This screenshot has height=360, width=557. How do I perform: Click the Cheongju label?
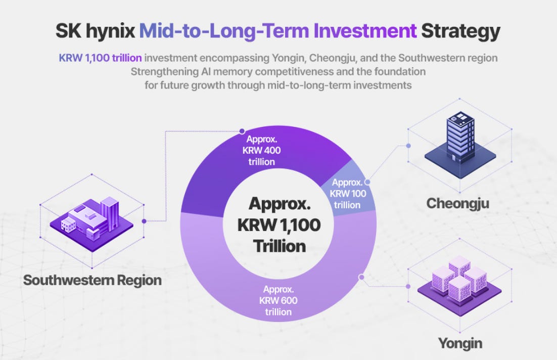point(457,204)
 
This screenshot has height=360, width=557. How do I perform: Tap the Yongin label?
point(460,343)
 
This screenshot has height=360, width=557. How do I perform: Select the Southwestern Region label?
point(92,280)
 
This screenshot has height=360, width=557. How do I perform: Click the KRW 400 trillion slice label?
point(261,150)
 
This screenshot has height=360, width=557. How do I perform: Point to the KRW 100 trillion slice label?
point(347,194)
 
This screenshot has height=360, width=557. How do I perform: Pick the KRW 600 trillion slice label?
point(278,301)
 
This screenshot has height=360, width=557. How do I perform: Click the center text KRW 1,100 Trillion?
point(279,224)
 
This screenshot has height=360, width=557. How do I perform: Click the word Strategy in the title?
point(460,31)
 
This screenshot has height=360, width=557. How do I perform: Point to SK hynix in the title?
point(95,31)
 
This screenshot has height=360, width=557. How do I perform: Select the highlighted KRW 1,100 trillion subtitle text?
point(100,58)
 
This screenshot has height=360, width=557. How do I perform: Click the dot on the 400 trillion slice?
point(242,131)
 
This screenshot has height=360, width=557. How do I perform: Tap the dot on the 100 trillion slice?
point(367,182)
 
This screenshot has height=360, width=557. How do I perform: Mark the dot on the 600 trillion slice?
point(361,277)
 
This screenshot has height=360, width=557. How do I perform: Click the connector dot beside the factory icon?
point(144,221)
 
